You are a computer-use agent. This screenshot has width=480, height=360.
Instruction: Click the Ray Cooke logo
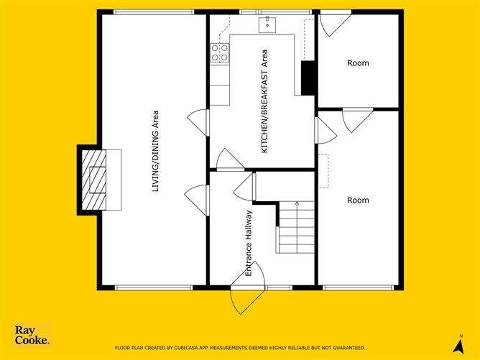[x=32, y=335]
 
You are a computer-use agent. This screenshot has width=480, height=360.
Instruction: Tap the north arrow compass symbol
[x=459, y=344]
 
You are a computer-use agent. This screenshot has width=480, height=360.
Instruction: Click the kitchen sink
[x=267, y=25]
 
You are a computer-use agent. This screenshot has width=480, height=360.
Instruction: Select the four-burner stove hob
[x=220, y=53]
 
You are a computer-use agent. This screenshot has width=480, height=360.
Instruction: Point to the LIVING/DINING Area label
[x=156, y=151]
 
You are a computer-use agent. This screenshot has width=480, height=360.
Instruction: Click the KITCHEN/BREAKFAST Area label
[x=264, y=101]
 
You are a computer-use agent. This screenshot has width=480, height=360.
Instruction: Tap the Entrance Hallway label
[x=249, y=243]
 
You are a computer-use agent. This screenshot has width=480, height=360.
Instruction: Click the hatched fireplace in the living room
[x=94, y=180]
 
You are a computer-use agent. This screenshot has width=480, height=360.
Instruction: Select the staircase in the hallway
[x=295, y=227]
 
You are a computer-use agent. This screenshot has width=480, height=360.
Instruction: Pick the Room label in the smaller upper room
[x=358, y=63]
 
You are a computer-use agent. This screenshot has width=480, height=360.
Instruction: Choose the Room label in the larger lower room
[x=358, y=200]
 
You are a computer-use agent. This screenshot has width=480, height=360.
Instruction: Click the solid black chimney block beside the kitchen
[x=308, y=78]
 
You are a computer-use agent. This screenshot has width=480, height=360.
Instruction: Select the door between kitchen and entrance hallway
[x=231, y=160]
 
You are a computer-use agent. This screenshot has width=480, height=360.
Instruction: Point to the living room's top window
[x=154, y=12]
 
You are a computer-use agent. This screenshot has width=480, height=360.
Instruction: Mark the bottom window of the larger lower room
[x=358, y=287]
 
